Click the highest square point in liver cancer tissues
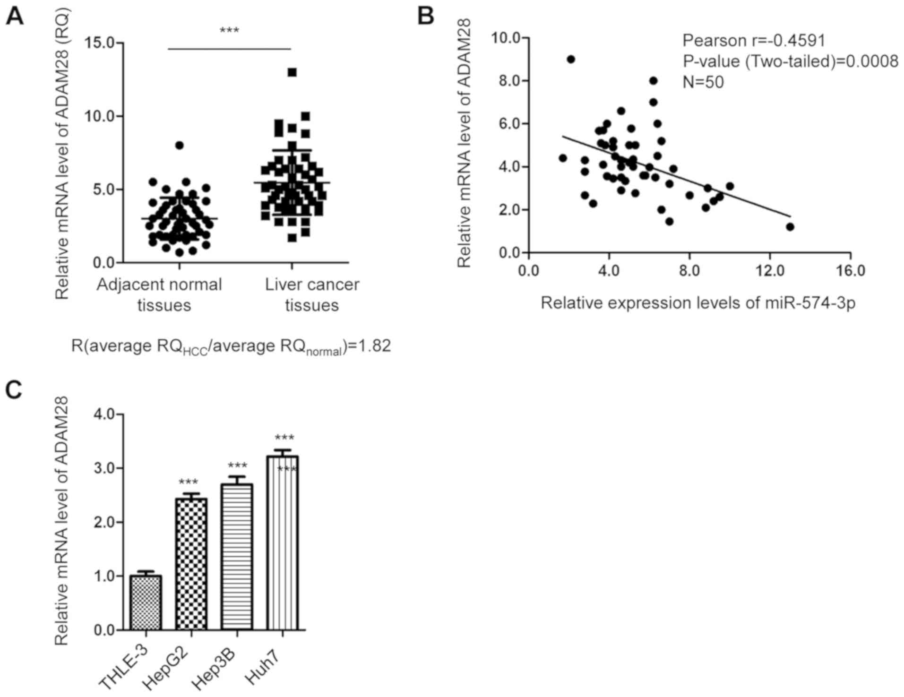point(292,72)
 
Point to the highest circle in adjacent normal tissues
point(179,145)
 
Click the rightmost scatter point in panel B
point(790,227)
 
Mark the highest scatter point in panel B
point(571,59)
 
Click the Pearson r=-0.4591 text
point(754,41)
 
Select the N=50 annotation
point(703,82)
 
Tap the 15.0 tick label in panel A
point(102,43)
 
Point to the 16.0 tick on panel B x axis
point(850,270)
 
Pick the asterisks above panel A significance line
point(229,31)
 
